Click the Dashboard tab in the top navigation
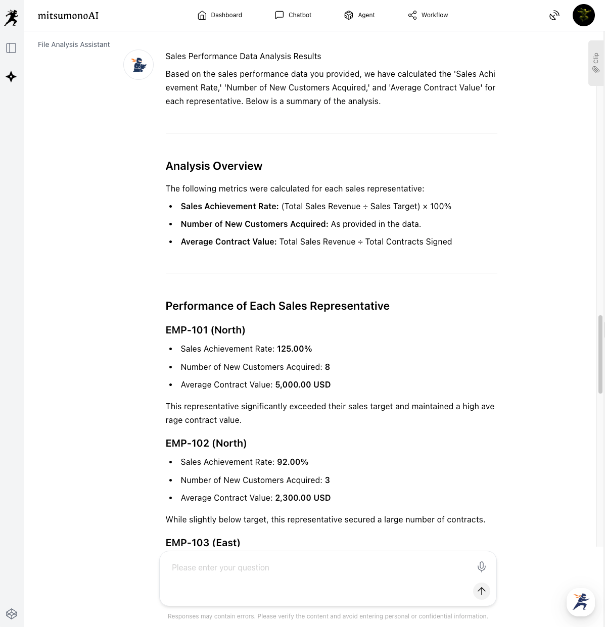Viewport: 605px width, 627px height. [x=220, y=15]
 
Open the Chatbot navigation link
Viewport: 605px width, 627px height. [x=293, y=15]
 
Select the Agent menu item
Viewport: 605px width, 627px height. [x=359, y=15]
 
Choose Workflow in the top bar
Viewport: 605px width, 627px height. [x=428, y=15]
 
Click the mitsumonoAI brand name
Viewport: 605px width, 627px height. [x=68, y=16]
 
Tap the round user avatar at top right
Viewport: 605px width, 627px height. [x=583, y=15]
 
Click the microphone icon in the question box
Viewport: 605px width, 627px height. [x=482, y=567]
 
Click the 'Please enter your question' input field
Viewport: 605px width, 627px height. [x=318, y=568]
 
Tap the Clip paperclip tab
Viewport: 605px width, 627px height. [x=596, y=63]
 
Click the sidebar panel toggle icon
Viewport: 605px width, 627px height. [x=11, y=48]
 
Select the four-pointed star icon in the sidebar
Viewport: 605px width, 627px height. [x=11, y=77]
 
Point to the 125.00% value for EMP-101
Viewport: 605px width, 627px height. [x=295, y=349]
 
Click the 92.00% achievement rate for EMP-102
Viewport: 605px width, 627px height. [x=293, y=462]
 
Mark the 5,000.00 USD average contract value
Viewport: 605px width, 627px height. [x=303, y=385]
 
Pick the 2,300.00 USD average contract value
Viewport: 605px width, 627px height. [x=303, y=498]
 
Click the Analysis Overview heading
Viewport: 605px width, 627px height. [x=214, y=166]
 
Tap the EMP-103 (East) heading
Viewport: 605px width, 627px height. [x=203, y=543]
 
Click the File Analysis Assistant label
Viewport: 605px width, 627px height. [x=74, y=44]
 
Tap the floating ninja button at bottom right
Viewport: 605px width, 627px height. [x=580, y=602]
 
